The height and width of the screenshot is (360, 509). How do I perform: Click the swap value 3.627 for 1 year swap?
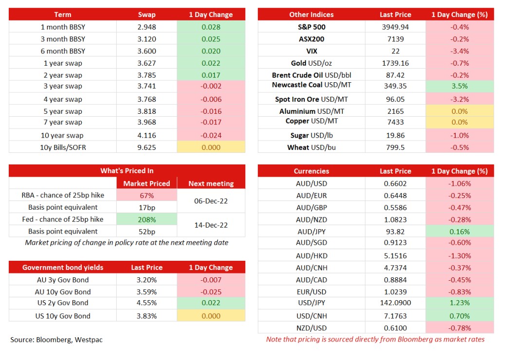point(146,63)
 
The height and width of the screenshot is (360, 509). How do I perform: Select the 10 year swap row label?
point(62,135)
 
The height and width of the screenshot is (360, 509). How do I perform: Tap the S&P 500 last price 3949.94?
point(395,27)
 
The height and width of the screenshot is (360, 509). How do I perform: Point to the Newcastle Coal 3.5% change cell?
point(459,86)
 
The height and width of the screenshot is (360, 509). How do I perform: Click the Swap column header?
point(146,15)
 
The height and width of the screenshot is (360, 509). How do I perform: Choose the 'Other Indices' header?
point(311,15)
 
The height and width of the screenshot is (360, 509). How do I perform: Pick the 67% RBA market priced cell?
point(147,196)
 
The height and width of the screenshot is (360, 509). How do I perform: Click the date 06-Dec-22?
point(211,201)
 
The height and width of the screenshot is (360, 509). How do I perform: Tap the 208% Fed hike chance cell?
point(147,219)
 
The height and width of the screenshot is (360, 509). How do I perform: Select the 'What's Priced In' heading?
point(127,171)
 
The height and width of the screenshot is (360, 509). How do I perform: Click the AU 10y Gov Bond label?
point(63,292)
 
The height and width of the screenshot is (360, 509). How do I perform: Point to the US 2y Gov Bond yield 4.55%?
point(146,303)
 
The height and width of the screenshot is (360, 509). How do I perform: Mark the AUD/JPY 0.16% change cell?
point(459,232)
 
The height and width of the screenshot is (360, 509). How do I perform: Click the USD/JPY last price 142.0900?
point(395,303)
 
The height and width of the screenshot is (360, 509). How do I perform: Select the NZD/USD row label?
point(311,328)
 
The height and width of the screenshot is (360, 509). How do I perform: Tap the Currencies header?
point(311,171)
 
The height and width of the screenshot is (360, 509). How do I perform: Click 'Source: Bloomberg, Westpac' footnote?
point(56,340)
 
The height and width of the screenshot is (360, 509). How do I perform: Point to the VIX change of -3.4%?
point(459,51)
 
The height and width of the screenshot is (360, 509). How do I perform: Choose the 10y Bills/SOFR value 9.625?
point(146,147)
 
